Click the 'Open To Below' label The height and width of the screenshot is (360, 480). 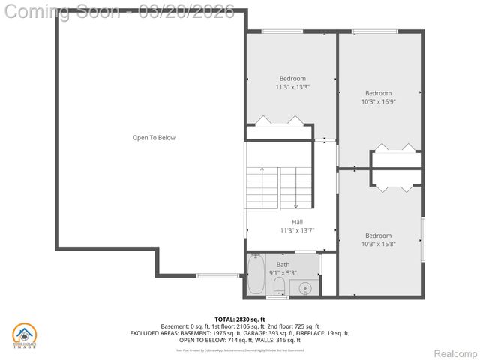[154, 138]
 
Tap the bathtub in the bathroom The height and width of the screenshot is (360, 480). [256, 275]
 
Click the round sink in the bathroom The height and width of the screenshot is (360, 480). [306, 287]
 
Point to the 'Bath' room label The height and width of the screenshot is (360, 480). [283, 264]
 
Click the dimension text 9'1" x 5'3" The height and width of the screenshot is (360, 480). [283, 272]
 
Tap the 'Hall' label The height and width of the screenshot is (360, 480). [297, 222]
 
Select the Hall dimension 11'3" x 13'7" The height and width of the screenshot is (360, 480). [297, 230]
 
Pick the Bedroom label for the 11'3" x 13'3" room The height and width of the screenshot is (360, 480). [292, 79]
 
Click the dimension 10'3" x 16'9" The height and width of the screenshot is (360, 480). [379, 101]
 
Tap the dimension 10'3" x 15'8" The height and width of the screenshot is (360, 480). [378, 244]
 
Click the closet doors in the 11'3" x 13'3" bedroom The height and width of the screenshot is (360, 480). [278, 121]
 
